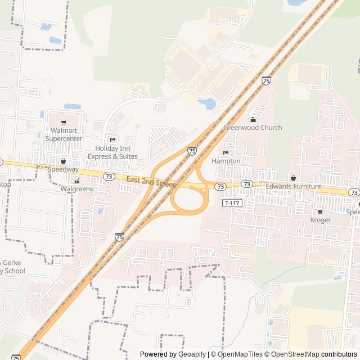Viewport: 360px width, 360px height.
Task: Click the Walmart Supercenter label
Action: (64, 135)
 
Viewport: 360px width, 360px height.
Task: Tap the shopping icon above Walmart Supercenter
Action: (64, 122)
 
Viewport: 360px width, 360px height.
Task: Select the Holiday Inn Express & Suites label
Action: (112, 152)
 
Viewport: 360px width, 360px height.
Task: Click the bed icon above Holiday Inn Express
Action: (112, 139)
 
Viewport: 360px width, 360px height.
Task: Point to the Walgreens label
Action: (76, 189)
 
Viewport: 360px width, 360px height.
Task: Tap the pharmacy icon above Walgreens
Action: (76, 181)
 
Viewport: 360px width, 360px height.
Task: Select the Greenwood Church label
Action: (253, 128)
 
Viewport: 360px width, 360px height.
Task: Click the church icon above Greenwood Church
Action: (253, 119)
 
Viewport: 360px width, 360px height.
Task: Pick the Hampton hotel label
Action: (226, 161)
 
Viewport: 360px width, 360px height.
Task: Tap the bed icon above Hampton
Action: (226, 153)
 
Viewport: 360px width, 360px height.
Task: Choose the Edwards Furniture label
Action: (293, 186)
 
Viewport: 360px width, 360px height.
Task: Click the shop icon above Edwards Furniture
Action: (293, 178)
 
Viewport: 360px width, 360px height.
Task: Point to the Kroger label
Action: (321, 220)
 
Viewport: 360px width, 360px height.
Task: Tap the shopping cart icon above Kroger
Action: (321, 212)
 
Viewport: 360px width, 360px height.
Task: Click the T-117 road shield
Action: (231, 202)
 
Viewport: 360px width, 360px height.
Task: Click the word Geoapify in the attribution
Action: (192, 354)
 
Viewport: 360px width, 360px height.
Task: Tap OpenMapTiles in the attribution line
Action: (240, 354)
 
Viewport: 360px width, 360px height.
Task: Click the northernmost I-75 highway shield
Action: (266, 81)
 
